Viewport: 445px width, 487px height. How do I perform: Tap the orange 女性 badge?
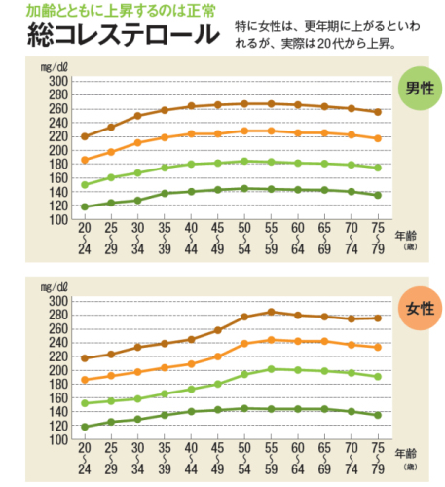click(420, 309)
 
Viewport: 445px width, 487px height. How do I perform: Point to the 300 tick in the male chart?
click(58, 81)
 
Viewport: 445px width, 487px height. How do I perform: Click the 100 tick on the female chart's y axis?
click(58, 440)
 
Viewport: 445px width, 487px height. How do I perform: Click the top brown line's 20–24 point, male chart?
click(84, 136)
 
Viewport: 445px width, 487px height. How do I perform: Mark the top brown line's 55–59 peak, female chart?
click(272, 312)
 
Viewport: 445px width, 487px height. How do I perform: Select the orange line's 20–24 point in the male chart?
click(84, 160)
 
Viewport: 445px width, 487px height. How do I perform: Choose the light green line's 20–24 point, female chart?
click(84, 403)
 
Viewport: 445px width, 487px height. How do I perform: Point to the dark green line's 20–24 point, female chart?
click(84, 427)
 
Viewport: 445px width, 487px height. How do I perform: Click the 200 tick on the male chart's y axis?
click(58, 150)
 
